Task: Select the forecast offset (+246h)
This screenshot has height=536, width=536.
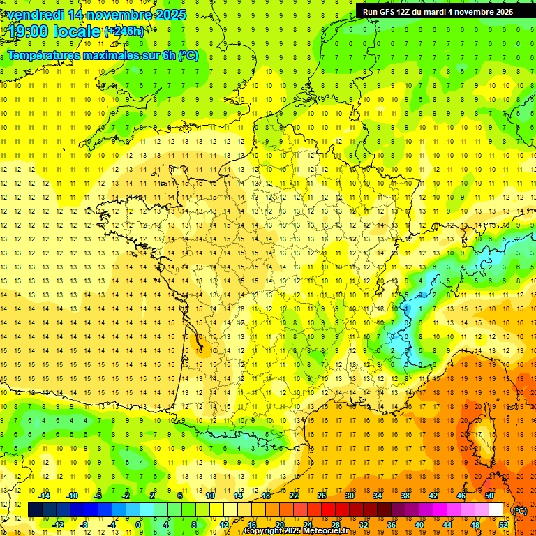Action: (124, 31)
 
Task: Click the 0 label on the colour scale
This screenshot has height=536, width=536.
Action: (138, 525)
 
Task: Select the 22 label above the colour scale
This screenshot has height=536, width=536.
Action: (294, 496)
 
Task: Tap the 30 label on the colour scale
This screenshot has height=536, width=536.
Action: (350, 496)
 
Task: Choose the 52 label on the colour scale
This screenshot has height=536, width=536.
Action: (503, 525)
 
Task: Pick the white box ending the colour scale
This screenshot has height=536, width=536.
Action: (496, 510)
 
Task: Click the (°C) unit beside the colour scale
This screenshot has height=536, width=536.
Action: (519, 511)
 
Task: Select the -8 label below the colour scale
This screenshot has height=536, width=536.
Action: (83, 525)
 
